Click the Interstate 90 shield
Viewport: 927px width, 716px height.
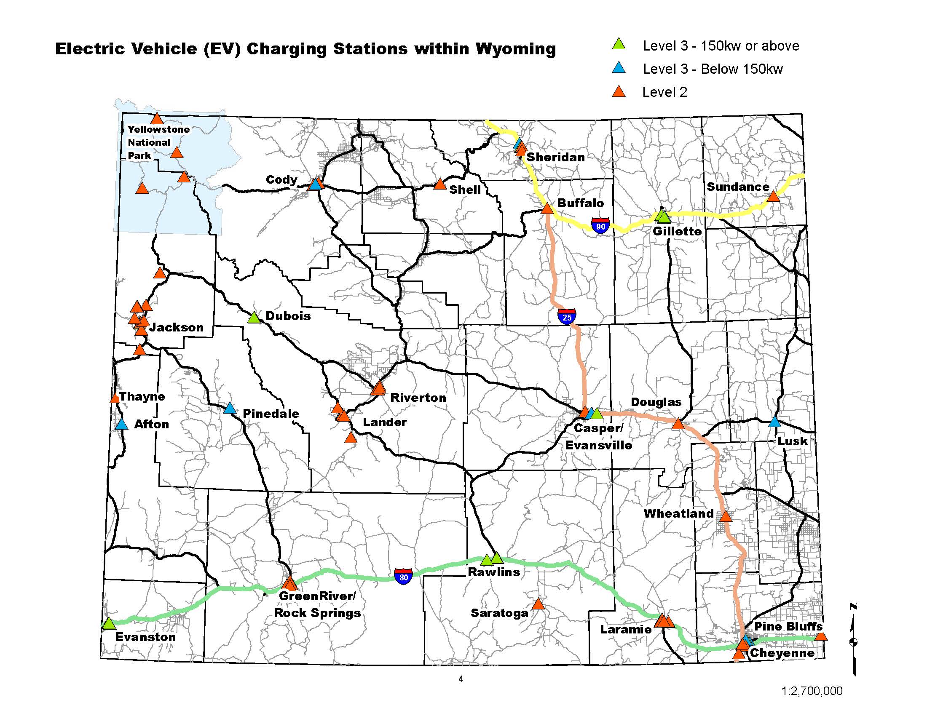click(x=600, y=225)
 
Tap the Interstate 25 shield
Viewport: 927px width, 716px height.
click(x=567, y=316)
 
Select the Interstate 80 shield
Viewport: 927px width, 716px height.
click(x=403, y=577)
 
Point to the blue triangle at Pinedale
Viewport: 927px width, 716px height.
click(x=230, y=409)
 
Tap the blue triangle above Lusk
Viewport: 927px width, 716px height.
click(x=774, y=422)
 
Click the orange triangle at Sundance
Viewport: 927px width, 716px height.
click(x=773, y=196)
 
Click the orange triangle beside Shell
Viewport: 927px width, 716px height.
click(x=440, y=184)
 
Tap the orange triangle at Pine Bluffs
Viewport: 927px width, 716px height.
click(x=821, y=636)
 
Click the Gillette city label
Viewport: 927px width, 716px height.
click(x=677, y=231)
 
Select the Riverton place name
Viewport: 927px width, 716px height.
click(x=418, y=398)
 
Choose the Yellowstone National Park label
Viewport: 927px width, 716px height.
click(x=158, y=142)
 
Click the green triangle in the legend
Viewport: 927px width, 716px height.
click(x=619, y=44)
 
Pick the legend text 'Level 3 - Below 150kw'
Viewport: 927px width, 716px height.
click(x=713, y=69)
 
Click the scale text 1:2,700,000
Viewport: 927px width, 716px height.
click(x=812, y=691)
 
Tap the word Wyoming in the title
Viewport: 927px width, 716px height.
click(x=515, y=49)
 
